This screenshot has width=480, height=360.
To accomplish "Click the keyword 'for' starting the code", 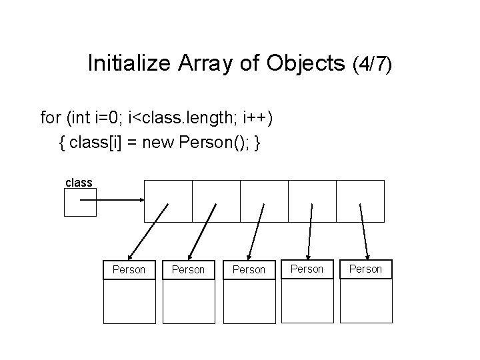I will click(x=51, y=118).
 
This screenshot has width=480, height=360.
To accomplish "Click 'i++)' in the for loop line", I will click(x=254, y=118).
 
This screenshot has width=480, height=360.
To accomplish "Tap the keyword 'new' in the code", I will click(x=156, y=143).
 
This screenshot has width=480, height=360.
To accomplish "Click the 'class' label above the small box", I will click(x=79, y=182).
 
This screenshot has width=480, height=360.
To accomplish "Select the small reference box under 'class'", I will click(x=80, y=202).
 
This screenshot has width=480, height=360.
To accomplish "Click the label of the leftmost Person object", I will click(x=129, y=269).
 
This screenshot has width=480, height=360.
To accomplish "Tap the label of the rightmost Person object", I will click(x=366, y=269).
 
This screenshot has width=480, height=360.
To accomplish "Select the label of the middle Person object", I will click(x=249, y=269).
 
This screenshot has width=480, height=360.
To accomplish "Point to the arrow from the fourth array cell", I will click(x=310, y=231).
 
